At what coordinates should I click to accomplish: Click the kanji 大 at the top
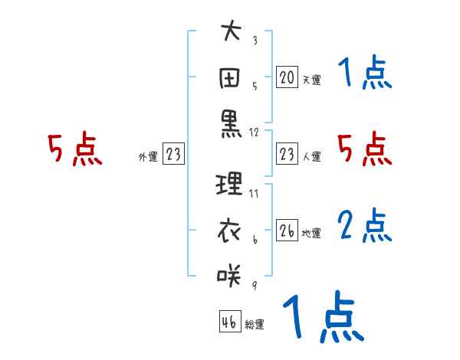coord(230,33)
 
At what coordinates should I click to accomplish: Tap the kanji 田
coord(230,77)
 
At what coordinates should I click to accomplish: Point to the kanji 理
coord(230,184)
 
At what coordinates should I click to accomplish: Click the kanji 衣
coord(230,229)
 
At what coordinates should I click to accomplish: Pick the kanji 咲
coord(230,273)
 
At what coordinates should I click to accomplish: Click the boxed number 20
coord(287,77)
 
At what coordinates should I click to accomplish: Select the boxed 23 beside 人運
coord(287,154)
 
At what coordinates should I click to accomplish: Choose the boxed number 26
coord(287,231)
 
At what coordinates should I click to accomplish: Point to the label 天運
coord(311,80)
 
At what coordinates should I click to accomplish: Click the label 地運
coord(311,234)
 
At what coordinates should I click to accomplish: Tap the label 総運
coord(255,325)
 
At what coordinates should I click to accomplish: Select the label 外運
coord(148,157)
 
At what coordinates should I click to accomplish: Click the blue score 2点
coord(364,225)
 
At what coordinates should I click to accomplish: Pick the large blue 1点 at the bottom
coord(323,318)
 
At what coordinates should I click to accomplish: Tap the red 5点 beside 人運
coord(364,149)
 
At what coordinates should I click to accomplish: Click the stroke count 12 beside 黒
coord(255,133)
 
